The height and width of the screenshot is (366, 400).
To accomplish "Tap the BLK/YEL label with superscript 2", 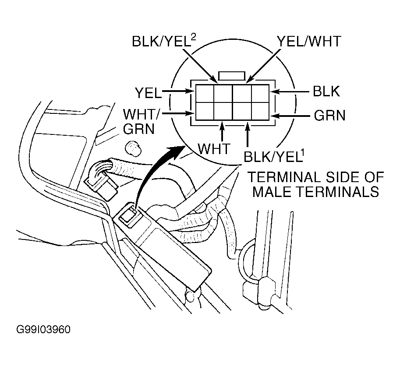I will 163,42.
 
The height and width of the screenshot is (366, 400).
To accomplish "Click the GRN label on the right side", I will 329,116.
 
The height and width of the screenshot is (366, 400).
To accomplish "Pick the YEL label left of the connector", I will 148,92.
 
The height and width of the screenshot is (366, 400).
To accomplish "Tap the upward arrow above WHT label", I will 223,131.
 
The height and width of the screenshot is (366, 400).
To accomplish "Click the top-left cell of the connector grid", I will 205,93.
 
